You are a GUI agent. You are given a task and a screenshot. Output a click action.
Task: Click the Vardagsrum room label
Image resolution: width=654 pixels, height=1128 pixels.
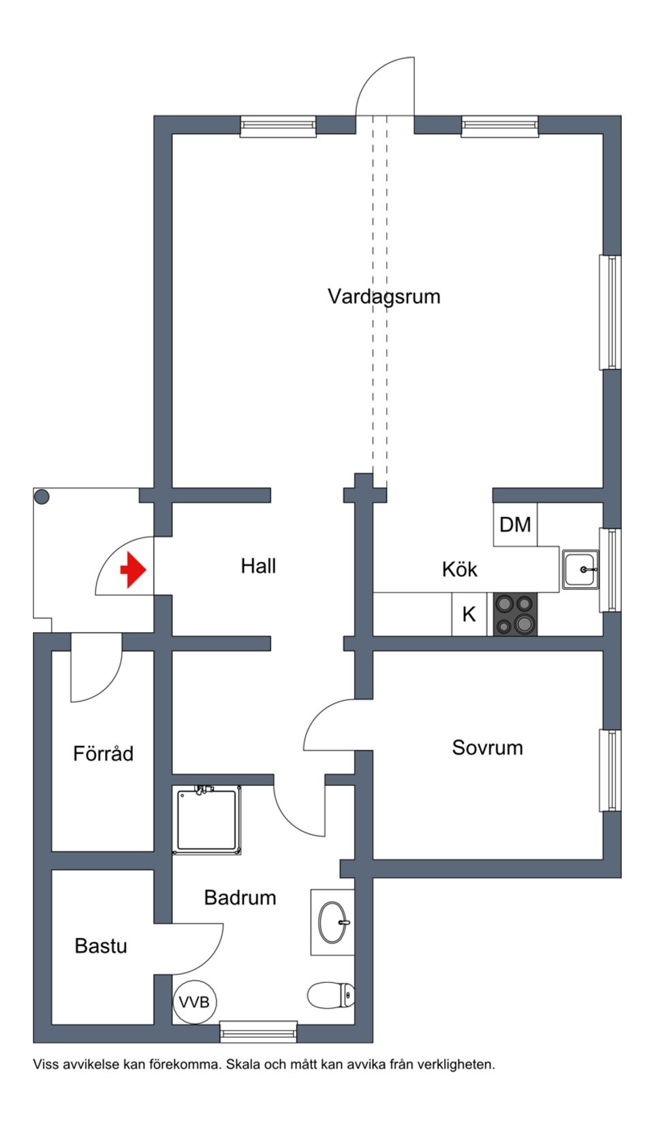pos(384,296)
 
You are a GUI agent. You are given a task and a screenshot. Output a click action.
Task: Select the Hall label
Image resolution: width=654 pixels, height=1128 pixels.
pos(258,566)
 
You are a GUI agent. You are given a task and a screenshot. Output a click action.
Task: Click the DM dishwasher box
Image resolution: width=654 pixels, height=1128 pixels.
pos(515,524)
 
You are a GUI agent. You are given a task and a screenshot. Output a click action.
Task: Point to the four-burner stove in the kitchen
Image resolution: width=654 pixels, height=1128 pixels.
pos(515,614)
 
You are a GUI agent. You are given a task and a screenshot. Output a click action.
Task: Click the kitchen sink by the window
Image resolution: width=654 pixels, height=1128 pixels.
pos(580,569)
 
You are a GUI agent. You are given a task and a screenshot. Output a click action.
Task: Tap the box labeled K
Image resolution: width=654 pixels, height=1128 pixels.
pos(469,614)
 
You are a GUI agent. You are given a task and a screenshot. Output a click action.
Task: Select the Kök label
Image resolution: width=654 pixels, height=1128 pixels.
pos(460,569)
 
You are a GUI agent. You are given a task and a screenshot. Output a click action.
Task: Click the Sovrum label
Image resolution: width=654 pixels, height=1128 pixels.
pos(487,747)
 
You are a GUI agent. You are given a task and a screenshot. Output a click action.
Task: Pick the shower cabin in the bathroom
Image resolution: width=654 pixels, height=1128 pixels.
pos(208,820)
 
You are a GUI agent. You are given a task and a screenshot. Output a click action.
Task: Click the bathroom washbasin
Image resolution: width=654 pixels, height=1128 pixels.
pos(334,922)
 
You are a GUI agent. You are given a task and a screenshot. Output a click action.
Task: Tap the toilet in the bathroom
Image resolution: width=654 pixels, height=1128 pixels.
pos(331,994)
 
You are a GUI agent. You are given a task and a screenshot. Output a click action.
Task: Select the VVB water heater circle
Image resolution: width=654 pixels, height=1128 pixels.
pos(196,1002)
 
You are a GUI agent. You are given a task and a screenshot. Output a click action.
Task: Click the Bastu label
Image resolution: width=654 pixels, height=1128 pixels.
pos(101,946)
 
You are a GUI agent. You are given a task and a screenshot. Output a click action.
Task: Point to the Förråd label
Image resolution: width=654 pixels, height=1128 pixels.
pos(103,754)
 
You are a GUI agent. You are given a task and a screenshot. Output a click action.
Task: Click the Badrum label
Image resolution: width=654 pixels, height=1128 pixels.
pos(240,898)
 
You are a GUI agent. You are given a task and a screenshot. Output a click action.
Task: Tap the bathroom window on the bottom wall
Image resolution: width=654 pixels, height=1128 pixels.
pos(259,1032)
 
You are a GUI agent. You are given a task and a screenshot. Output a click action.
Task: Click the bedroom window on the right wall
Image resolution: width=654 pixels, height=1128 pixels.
pos(610,770)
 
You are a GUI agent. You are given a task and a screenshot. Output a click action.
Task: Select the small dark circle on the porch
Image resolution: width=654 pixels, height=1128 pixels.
pos(42,497)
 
